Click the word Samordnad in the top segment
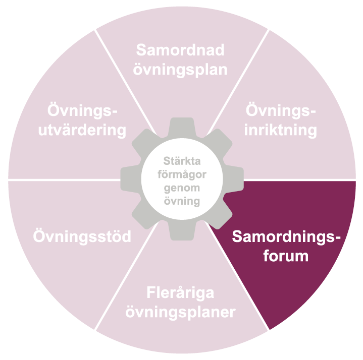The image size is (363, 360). pyautogui.click(x=180, y=50)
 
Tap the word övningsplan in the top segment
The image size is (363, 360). pyautogui.click(x=180, y=69)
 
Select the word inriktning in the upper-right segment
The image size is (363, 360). pyautogui.click(x=281, y=130)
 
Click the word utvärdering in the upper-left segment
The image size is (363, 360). pyautogui.click(x=86, y=130)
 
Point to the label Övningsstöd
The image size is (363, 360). pyautogui.click(x=82, y=236)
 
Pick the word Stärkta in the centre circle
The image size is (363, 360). pyautogui.click(x=181, y=162)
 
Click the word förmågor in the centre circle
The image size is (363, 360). pyautogui.click(x=181, y=174)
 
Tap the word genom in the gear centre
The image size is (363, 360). pyautogui.click(x=181, y=188)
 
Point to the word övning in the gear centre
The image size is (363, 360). pyautogui.click(x=181, y=201)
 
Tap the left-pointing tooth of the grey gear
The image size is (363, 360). pyautogui.click(x=127, y=179)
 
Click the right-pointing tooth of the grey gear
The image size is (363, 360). pyautogui.click(x=236, y=179)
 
